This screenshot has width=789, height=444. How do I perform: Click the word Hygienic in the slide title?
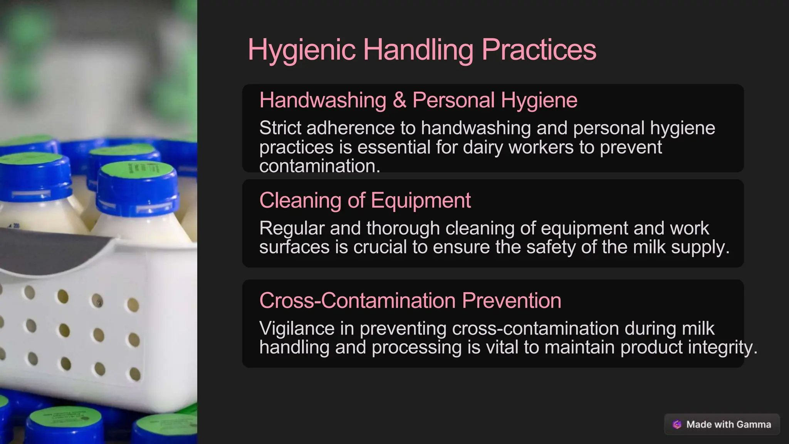[x=301, y=50]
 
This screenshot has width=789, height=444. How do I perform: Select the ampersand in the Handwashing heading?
[x=400, y=100]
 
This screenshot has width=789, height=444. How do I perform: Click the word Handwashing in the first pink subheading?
[x=323, y=100]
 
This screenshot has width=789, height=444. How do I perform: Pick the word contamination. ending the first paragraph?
[x=320, y=166]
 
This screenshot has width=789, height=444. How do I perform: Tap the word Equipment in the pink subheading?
[x=421, y=200]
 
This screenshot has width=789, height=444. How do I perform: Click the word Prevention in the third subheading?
[x=511, y=301]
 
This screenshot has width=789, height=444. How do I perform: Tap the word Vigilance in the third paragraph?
[x=297, y=328]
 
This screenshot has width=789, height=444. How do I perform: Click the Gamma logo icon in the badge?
[x=677, y=424]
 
